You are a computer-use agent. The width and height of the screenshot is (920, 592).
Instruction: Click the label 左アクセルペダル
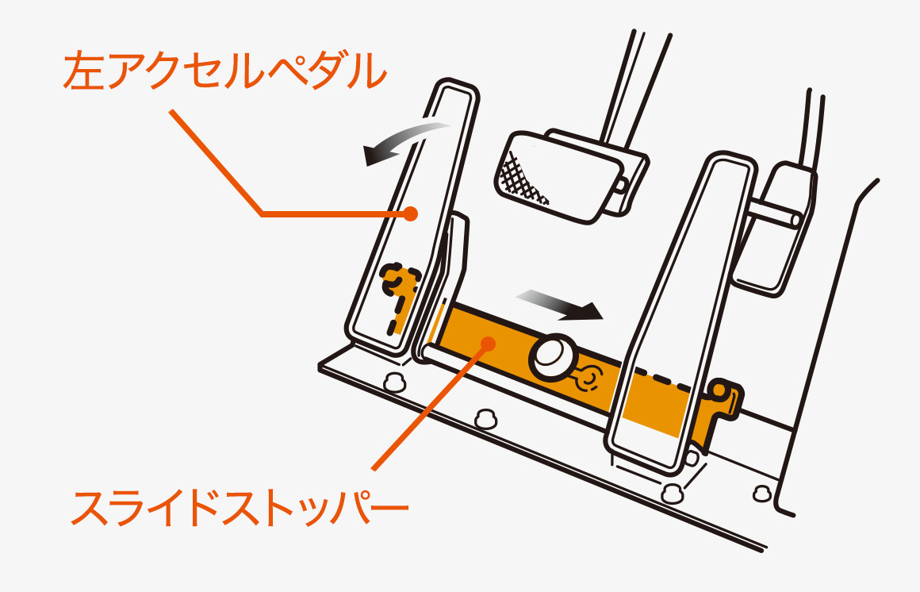(224, 70)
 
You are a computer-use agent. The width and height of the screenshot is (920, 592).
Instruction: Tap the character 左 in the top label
(85, 70)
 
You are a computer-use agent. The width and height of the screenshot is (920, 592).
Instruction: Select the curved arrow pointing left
(404, 141)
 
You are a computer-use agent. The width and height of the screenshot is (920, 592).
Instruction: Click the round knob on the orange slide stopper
(552, 357)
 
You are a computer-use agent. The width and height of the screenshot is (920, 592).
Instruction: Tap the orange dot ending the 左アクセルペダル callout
(411, 213)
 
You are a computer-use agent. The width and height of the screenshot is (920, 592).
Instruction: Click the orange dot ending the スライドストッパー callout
(488, 342)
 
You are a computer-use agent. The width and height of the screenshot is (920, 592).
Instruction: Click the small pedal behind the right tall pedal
(775, 229)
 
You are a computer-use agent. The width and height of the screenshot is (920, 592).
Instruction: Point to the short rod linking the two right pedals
(773, 215)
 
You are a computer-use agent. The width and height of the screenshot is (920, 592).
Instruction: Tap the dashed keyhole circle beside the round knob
(588, 379)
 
